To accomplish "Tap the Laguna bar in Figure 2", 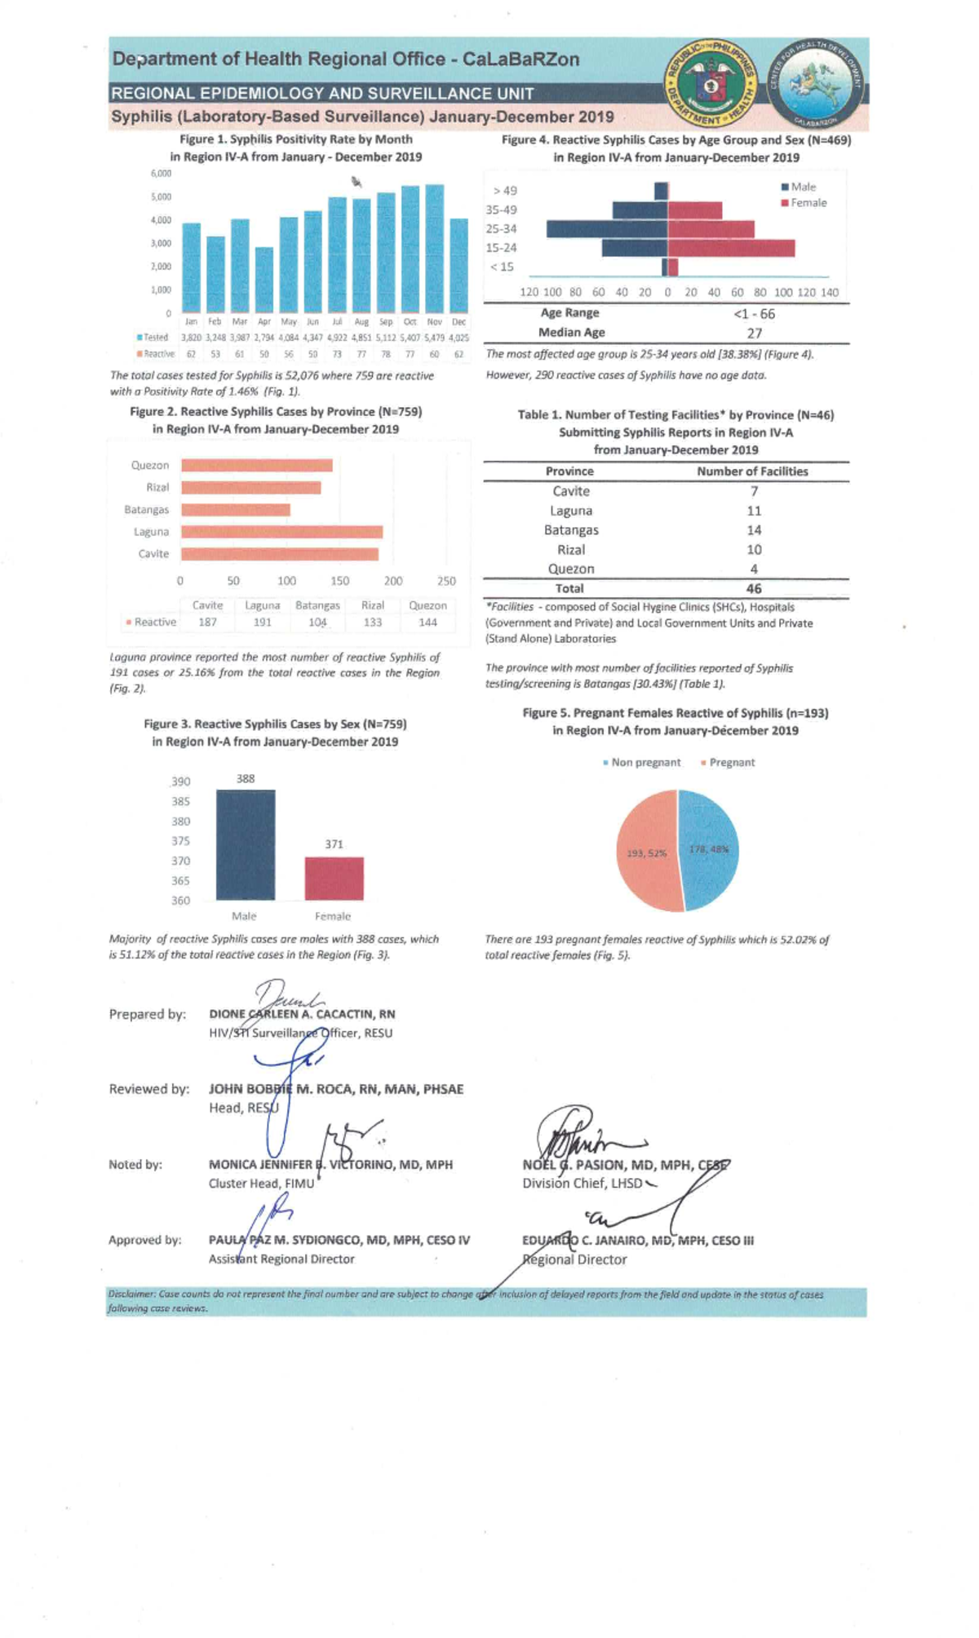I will (281, 532).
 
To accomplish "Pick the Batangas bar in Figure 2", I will (235, 510).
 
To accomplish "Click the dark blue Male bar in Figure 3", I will (245, 845).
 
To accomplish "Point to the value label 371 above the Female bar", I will (334, 844).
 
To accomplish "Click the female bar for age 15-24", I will (731, 248).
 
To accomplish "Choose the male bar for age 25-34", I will (607, 229).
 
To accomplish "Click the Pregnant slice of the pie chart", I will (646, 852).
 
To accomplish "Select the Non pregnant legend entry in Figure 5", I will (642, 763).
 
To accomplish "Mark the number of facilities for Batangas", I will (754, 530).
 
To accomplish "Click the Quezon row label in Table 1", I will (570, 569).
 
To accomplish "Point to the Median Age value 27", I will (754, 333).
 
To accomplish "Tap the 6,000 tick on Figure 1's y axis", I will (161, 174).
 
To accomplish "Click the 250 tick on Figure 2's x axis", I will (446, 582).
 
